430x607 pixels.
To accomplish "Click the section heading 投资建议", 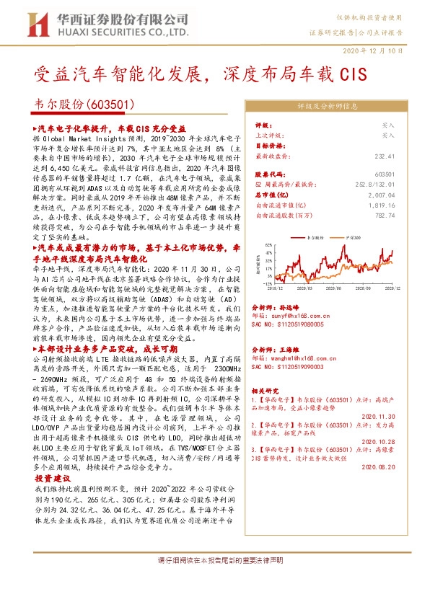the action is coord(53,479).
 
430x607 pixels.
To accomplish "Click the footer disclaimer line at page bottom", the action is coord(215,580).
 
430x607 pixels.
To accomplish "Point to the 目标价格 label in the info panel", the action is coord(270,145).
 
